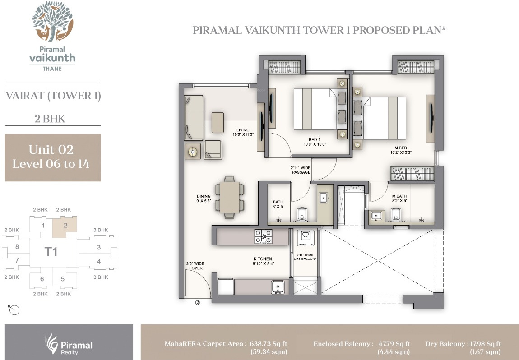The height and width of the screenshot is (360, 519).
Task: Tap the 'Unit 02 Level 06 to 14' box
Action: [x=53, y=157]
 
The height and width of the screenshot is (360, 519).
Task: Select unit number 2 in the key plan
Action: [x=65, y=225]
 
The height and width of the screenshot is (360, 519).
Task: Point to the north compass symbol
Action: [x=14, y=310]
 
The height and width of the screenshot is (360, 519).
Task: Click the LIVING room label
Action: [x=243, y=130]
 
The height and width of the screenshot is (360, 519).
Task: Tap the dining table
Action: [x=230, y=198]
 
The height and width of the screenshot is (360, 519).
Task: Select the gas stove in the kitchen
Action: [x=263, y=236]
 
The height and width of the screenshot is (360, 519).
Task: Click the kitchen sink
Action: [x=278, y=287]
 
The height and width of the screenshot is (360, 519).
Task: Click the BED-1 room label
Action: [x=315, y=140]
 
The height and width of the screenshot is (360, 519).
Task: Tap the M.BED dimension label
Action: [x=400, y=152]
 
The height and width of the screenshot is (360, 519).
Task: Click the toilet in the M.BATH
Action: [x=396, y=214]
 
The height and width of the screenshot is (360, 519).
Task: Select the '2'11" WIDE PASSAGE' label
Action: [x=301, y=170]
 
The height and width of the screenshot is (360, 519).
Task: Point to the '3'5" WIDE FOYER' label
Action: [x=195, y=266]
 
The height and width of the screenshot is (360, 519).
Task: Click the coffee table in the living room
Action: [x=218, y=123]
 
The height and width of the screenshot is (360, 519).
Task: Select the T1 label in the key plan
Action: [x=51, y=252]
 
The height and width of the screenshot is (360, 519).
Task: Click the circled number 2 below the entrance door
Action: [x=198, y=302]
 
